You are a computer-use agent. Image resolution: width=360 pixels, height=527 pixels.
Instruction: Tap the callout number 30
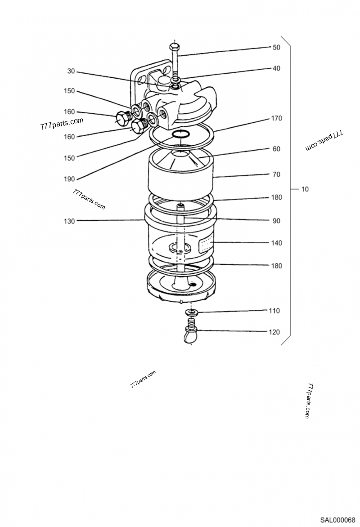(x=71, y=71)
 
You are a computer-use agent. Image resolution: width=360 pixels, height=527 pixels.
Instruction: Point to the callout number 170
(x=276, y=118)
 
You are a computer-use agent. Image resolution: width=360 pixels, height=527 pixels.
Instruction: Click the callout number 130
(x=69, y=221)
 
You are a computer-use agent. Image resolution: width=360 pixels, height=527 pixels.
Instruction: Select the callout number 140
(x=276, y=243)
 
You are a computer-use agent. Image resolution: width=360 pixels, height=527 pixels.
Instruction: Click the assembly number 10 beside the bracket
(x=305, y=189)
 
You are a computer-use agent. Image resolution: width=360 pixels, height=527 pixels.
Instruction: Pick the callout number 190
(x=69, y=179)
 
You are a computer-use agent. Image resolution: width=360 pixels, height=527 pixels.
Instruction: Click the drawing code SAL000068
(x=337, y=520)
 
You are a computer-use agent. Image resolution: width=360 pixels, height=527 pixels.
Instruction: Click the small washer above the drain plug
(x=191, y=312)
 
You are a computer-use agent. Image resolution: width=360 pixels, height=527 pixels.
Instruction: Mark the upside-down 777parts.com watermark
(x=324, y=141)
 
